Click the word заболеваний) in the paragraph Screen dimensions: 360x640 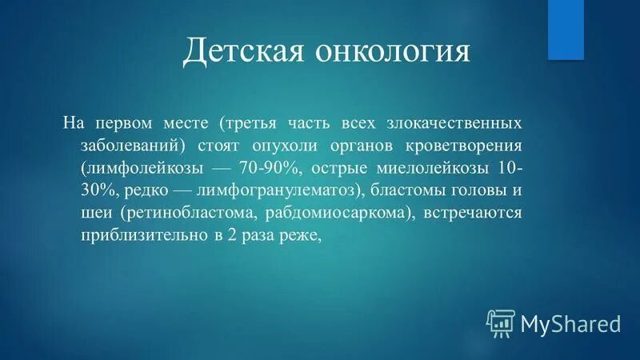pyautogui.click(x=143, y=146)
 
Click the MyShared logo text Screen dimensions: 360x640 pyautogui.click(x=571, y=324)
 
